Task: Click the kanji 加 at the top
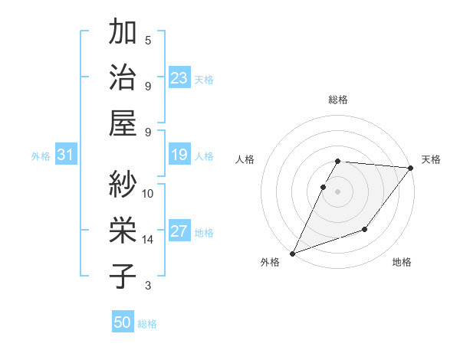coord(123,34)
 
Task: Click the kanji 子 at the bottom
coord(123,276)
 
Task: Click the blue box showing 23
coord(179,78)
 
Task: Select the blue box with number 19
coord(179,155)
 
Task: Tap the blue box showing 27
coord(179,231)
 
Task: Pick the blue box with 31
coord(66,155)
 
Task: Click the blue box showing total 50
coord(123,322)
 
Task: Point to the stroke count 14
coord(148,240)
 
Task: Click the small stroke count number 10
coord(148,194)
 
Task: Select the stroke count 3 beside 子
coord(148,286)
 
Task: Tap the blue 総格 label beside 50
coord(147,324)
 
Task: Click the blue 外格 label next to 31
coord(41,156)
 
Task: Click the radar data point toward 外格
coord(292,254)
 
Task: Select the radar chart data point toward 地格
coord(366,229)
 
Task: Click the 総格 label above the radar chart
coord(338,100)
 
